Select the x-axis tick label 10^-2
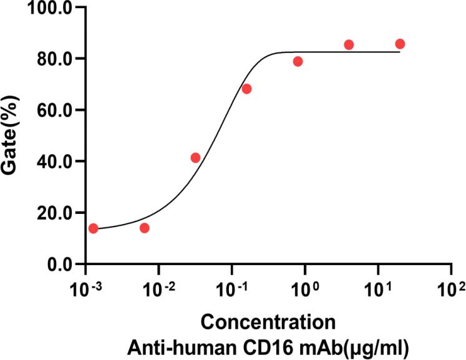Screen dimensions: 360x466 (x=157, y=289)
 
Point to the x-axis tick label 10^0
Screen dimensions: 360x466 (x=304, y=289)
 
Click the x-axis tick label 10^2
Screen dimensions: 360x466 (x=451, y=289)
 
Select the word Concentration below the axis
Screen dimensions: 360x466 (x=268, y=323)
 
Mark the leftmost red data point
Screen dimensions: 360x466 (x=94, y=228)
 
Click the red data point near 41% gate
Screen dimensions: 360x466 (x=195, y=158)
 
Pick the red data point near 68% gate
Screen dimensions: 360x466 (x=246, y=89)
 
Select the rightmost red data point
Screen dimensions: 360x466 (x=400, y=44)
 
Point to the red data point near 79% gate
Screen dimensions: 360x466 (x=298, y=61)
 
